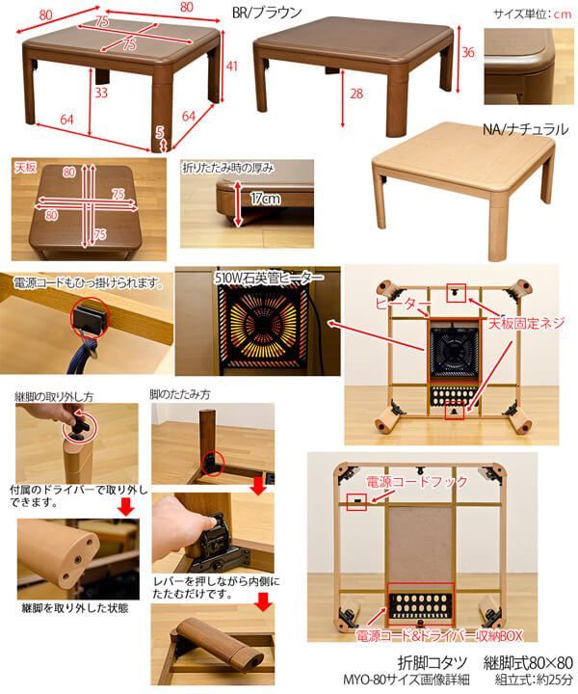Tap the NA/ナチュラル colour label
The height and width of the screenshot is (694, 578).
[525, 129]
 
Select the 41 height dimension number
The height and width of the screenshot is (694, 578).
[232, 66]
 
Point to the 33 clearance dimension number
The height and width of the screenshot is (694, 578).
[101, 93]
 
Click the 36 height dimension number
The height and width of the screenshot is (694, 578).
[467, 52]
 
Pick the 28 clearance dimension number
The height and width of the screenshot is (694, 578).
[356, 93]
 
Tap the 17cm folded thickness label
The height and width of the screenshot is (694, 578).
[265, 199]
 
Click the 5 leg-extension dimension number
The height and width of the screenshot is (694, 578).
[159, 131]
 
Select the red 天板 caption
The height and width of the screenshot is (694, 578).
[25, 168]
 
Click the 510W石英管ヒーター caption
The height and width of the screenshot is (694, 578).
[269, 278]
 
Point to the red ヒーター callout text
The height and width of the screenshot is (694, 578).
[403, 304]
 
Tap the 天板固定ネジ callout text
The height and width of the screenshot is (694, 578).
[526, 323]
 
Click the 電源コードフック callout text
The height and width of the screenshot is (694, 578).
[416, 481]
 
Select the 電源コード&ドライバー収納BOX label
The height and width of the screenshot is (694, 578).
[439, 635]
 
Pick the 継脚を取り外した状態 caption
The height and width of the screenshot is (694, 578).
[75, 608]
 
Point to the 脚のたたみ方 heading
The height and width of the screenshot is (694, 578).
[179, 394]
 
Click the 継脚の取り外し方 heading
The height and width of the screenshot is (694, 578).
[54, 397]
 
